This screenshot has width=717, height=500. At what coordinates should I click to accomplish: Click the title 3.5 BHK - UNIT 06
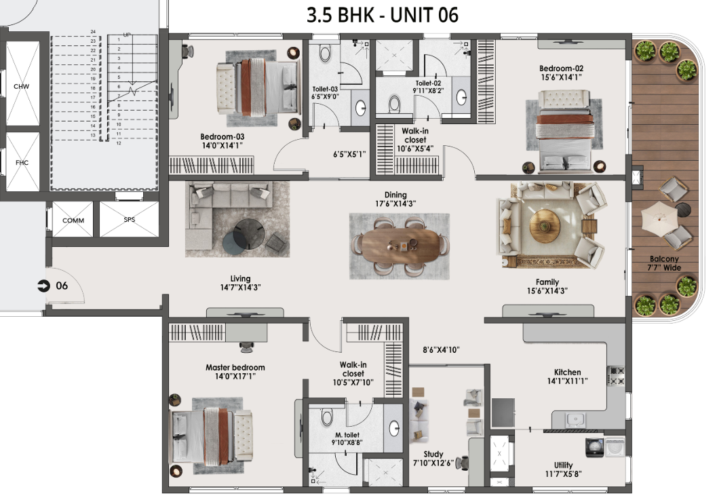click(x=383, y=15)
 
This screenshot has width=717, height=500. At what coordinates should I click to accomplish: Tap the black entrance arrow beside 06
click(x=43, y=286)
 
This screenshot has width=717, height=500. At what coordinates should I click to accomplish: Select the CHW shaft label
click(x=22, y=86)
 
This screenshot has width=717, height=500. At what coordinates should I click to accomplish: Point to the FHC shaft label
click(x=22, y=162)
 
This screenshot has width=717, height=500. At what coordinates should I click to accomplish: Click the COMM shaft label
click(x=73, y=220)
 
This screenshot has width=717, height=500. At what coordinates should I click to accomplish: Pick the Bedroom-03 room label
click(x=222, y=137)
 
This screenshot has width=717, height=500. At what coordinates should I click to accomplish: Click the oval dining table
click(x=400, y=246)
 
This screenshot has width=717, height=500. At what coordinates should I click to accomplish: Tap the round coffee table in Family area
click(x=545, y=226)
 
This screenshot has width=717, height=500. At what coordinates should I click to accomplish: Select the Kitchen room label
click(x=568, y=372)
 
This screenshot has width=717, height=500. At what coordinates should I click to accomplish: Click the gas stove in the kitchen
click(x=615, y=376)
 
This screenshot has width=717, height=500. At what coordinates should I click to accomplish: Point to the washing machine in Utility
click(x=595, y=447)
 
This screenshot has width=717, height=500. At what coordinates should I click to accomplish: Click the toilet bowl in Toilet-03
click(x=325, y=53)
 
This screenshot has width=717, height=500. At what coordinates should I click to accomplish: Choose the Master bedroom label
click(x=235, y=367)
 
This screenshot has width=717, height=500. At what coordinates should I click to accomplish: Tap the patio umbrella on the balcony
click(x=659, y=220)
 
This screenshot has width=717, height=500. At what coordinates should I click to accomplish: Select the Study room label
click(x=433, y=455)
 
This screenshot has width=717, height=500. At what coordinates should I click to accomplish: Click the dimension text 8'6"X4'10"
click(x=441, y=350)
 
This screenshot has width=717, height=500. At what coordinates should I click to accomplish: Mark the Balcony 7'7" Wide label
click(x=664, y=263)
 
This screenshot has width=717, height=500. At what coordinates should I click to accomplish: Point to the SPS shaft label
click(x=130, y=220)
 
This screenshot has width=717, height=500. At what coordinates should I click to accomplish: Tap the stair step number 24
click(x=93, y=32)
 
